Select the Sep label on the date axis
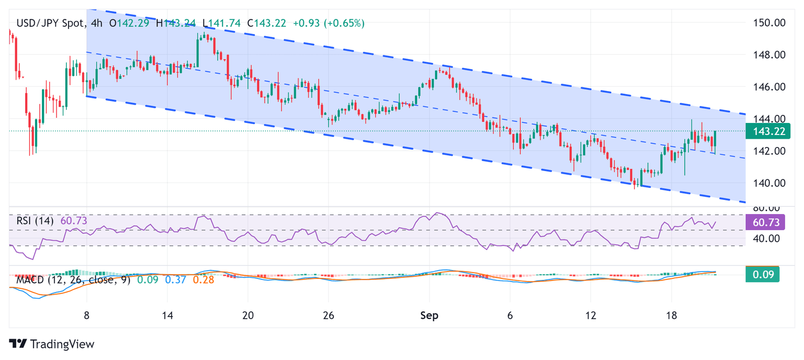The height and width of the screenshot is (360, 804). [429, 316]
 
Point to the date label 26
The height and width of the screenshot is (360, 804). [328, 316]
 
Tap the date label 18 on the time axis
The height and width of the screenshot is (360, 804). [672, 316]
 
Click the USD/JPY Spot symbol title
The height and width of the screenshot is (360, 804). [49, 23]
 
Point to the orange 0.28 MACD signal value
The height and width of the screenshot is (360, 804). [203, 279]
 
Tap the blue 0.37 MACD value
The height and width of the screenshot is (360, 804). [175, 279]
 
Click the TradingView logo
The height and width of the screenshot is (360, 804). [52, 344]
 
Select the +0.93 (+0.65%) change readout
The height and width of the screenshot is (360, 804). [329, 23]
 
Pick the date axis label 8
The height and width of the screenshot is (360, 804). [86, 316]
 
